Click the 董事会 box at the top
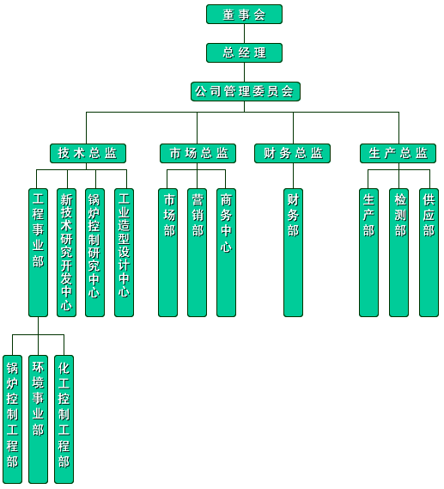(x=244, y=14)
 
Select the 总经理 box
(x=244, y=52)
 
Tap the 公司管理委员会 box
(x=246, y=91)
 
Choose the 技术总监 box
(x=88, y=153)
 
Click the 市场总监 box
(x=198, y=153)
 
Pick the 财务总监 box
(x=292, y=153)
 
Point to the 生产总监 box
(x=398, y=153)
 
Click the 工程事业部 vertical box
(x=38, y=253)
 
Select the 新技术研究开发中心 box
(x=66, y=253)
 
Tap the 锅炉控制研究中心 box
(x=94, y=253)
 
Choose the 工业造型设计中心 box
(x=124, y=253)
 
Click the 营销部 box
(x=197, y=253)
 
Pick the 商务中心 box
(x=226, y=253)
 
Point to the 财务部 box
(x=293, y=253)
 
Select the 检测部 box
(x=398, y=253)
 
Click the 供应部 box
(x=429, y=253)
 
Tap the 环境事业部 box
(x=38, y=419)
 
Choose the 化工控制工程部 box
(x=64, y=419)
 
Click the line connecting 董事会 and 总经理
(x=244, y=34)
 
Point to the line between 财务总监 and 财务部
(x=293, y=175)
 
